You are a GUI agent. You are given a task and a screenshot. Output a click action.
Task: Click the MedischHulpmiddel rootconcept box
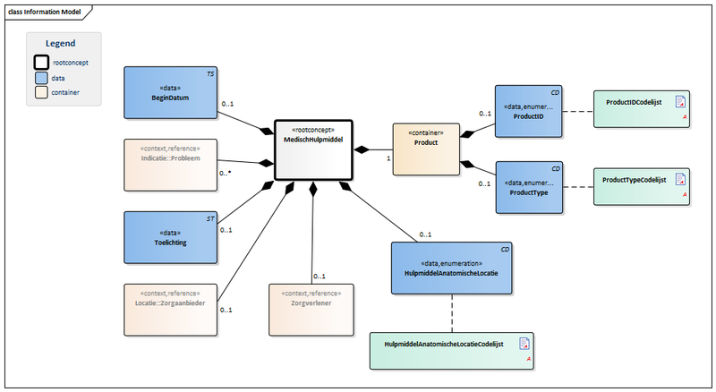point(312,149)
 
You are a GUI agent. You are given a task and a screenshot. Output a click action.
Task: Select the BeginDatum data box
point(171,92)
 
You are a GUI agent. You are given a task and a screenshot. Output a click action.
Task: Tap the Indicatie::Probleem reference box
point(171,164)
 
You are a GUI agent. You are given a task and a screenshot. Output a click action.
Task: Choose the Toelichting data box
point(171,237)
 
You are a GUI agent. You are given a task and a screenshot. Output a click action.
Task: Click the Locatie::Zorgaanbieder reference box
point(171,310)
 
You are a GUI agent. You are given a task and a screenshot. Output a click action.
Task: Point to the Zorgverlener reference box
point(311,310)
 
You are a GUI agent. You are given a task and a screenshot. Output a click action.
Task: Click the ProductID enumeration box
point(529,112)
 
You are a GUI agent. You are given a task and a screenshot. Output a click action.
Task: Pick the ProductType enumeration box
point(529,187)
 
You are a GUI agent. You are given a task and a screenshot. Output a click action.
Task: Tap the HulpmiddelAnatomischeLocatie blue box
point(451,268)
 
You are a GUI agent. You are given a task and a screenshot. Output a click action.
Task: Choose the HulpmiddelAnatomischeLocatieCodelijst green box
point(451,350)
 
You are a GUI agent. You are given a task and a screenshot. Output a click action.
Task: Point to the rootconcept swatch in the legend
point(41,63)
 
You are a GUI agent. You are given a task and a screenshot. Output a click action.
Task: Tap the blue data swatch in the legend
point(41,78)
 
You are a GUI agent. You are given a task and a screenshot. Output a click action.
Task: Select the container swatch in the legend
point(41,92)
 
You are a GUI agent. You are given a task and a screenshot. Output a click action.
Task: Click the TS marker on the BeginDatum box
point(210,72)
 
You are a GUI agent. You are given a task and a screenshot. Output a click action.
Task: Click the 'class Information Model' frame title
point(42,11)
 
